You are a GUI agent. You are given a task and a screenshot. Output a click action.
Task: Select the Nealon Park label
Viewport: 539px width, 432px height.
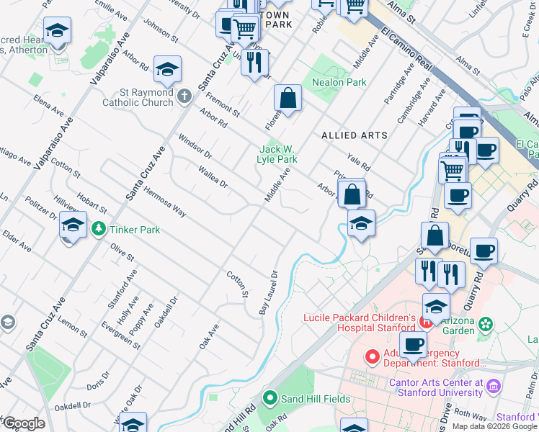click(x=339, y=82)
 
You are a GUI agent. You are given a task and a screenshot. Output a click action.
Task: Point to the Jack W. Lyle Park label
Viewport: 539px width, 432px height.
click(x=278, y=154)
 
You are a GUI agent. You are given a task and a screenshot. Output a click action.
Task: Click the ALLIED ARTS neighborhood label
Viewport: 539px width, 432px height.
click(x=354, y=135)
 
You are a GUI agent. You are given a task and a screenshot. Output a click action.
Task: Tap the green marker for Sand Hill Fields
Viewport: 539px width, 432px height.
click(x=270, y=397)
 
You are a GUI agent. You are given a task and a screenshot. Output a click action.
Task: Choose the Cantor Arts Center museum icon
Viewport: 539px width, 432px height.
click(x=493, y=387)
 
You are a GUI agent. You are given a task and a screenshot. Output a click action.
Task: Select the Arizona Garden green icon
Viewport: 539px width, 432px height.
click(x=487, y=324)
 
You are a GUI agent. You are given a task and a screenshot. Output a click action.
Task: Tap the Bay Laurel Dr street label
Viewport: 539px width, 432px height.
click(x=268, y=292)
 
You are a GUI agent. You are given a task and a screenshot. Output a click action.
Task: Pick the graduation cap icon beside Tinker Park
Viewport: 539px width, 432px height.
click(x=73, y=225)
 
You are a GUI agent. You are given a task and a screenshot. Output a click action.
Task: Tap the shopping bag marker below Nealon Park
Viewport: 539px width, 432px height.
click(x=288, y=99)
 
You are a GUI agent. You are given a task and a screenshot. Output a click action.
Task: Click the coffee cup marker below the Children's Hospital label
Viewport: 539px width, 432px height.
click(x=413, y=346)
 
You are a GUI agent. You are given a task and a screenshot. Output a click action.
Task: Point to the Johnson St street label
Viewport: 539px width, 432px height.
click(x=161, y=30)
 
